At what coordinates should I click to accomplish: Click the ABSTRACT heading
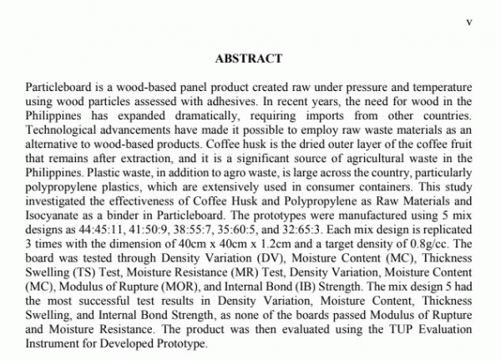[249, 59]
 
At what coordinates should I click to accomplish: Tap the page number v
[468, 23]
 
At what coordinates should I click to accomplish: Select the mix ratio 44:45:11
[105, 227]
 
